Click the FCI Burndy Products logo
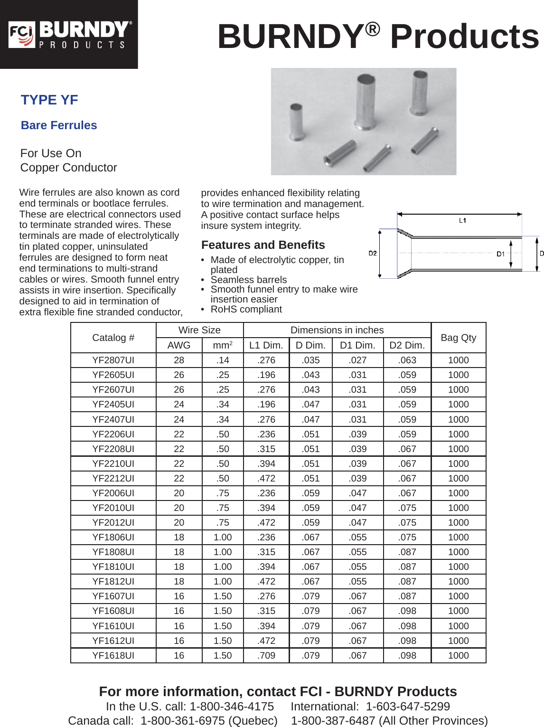(69, 34)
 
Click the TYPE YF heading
(49, 100)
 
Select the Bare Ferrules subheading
(59, 125)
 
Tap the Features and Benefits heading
(263, 245)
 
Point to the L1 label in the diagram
(462, 220)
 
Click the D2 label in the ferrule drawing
(373, 253)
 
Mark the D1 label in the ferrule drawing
(500, 254)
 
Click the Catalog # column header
(113, 338)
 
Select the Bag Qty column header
(458, 338)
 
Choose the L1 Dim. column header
(266, 345)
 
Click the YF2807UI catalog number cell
(113, 360)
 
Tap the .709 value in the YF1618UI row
(266, 655)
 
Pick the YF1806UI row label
(113, 537)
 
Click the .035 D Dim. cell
(310, 360)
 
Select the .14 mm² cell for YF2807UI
(222, 360)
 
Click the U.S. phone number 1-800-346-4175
(232, 706)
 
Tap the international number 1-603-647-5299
(408, 706)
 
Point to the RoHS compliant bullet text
(246, 309)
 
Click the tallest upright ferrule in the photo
(366, 102)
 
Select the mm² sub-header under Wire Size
(222, 345)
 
